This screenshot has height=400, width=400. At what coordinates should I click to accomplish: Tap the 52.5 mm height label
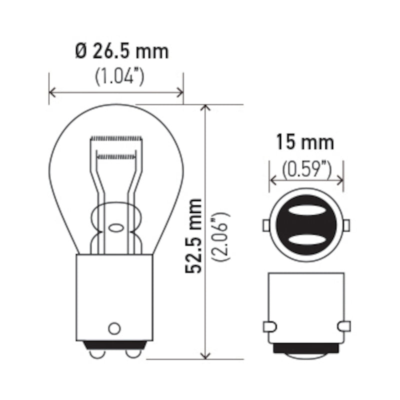point(193,235)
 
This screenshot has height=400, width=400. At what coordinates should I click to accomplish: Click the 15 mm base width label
point(305,143)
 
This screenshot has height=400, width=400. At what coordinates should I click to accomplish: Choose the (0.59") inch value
point(306,169)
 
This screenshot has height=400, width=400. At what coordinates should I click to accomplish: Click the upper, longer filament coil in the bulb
point(115,137)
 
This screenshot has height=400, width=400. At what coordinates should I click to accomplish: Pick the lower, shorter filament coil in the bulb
point(116,156)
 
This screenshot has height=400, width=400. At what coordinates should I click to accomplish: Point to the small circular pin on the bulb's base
point(114,328)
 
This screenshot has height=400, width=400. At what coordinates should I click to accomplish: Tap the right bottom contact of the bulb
point(132,353)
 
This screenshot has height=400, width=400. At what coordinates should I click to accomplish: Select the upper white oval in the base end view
point(306,212)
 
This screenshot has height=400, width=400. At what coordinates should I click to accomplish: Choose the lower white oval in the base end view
point(306,239)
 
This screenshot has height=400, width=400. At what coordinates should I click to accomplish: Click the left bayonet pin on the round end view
point(266,225)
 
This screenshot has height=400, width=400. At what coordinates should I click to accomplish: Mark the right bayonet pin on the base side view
point(343,326)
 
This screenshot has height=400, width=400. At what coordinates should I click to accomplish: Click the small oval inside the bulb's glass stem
point(115,228)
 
